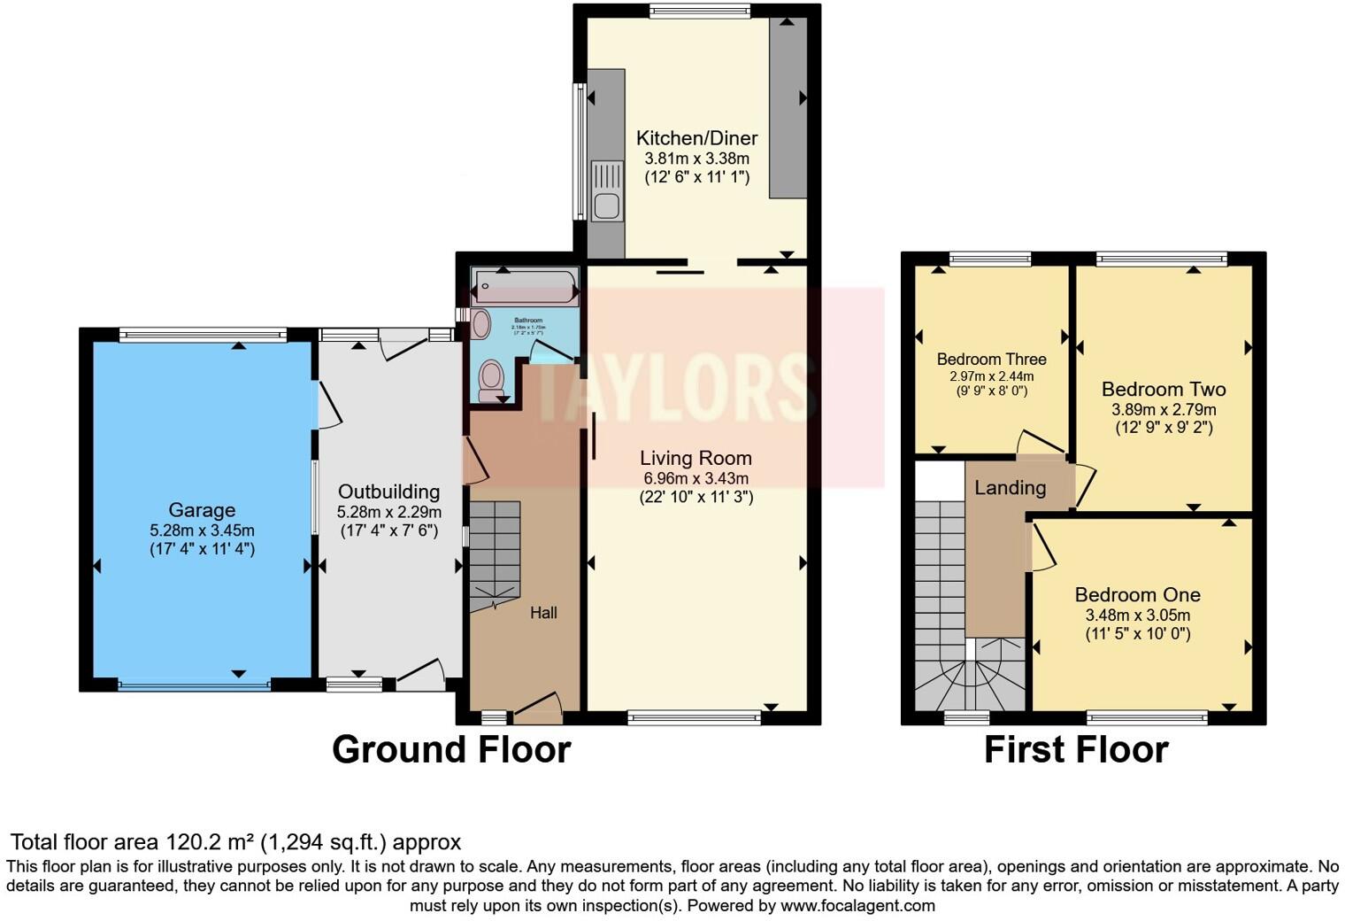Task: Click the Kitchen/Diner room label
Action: pyautogui.click(x=696, y=138)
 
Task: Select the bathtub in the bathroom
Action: pyautogui.click(x=525, y=287)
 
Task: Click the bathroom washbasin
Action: pyautogui.click(x=480, y=323)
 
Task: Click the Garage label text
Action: pyautogui.click(x=202, y=510)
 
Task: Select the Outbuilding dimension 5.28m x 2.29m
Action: pyautogui.click(x=388, y=512)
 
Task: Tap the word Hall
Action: pyautogui.click(x=543, y=613)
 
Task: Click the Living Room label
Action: pyautogui.click(x=696, y=458)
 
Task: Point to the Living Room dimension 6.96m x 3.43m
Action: pyautogui.click(x=696, y=478)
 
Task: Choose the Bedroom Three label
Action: pyautogui.click(x=991, y=360)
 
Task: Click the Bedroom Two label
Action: pyautogui.click(x=1163, y=389)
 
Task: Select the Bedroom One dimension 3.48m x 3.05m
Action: pyautogui.click(x=1137, y=615)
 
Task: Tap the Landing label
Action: pyautogui.click(x=1010, y=488)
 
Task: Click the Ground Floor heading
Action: pyautogui.click(x=450, y=750)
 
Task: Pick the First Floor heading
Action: pyautogui.click(x=1075, y=750)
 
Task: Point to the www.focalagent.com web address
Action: pyautogui.click(x=857, y=906)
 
